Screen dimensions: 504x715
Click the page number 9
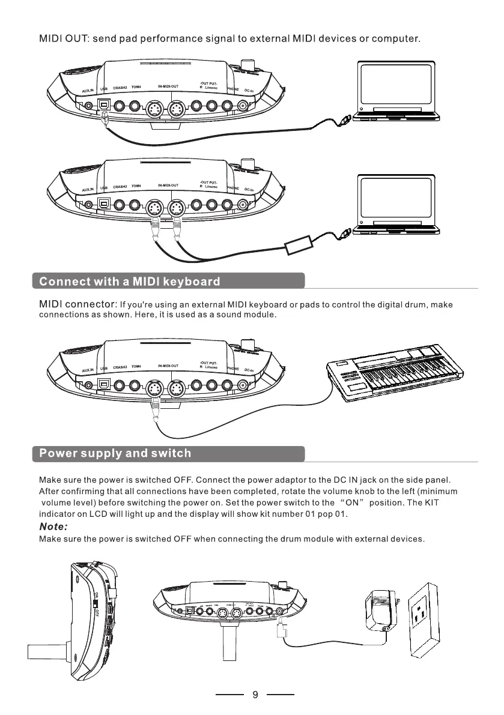255,695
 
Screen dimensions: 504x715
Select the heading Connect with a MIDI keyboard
130,282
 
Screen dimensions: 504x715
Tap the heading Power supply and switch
115,453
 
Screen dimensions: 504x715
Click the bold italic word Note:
53,526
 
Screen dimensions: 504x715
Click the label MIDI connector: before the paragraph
77,304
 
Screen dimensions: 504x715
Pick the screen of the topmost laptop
395,84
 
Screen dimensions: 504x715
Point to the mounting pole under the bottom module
229,651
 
